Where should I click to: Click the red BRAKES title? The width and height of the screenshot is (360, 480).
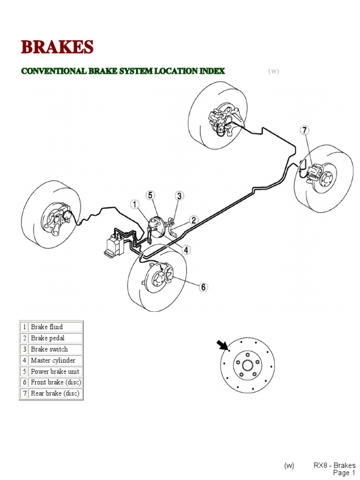click(57, 47)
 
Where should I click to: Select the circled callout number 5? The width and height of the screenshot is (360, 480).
click(150, 195)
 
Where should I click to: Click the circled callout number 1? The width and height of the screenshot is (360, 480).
click(135, 204)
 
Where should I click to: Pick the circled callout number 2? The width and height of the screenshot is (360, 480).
click(194, 220)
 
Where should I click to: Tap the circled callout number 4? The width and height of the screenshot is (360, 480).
click(187, 250)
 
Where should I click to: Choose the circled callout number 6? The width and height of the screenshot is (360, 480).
click(202, 287)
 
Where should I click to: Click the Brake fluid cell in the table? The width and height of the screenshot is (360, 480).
click(55, 327)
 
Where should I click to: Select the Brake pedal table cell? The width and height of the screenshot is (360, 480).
click(55, 338)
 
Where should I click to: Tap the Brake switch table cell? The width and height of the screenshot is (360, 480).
click(55, 349)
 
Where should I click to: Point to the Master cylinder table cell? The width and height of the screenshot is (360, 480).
click(55, 360)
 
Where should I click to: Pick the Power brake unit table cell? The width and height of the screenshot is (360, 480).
click(55, 372)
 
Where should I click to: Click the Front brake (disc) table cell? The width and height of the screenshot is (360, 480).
click(55, 382)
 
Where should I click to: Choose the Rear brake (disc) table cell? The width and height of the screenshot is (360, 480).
click(55, 394)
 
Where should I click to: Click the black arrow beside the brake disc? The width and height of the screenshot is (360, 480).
click(222, 346)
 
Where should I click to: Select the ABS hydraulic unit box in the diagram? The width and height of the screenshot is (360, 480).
click(114, 244)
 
